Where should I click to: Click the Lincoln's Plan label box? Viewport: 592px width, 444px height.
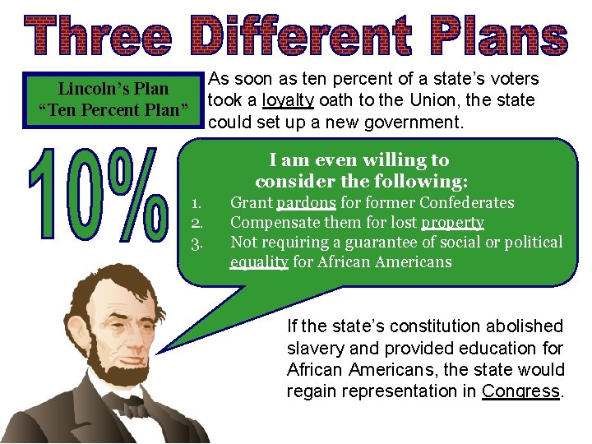113,99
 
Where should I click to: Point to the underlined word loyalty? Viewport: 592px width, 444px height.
288,100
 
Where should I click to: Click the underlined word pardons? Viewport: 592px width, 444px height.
306,203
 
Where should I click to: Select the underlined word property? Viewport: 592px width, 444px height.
452,223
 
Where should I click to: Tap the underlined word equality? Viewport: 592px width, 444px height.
259,262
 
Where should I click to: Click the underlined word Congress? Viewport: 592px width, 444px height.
521,391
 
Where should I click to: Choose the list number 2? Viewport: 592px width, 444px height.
197,223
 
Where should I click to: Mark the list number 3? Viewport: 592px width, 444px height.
197,243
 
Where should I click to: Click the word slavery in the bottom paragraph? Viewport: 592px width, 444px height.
313,349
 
